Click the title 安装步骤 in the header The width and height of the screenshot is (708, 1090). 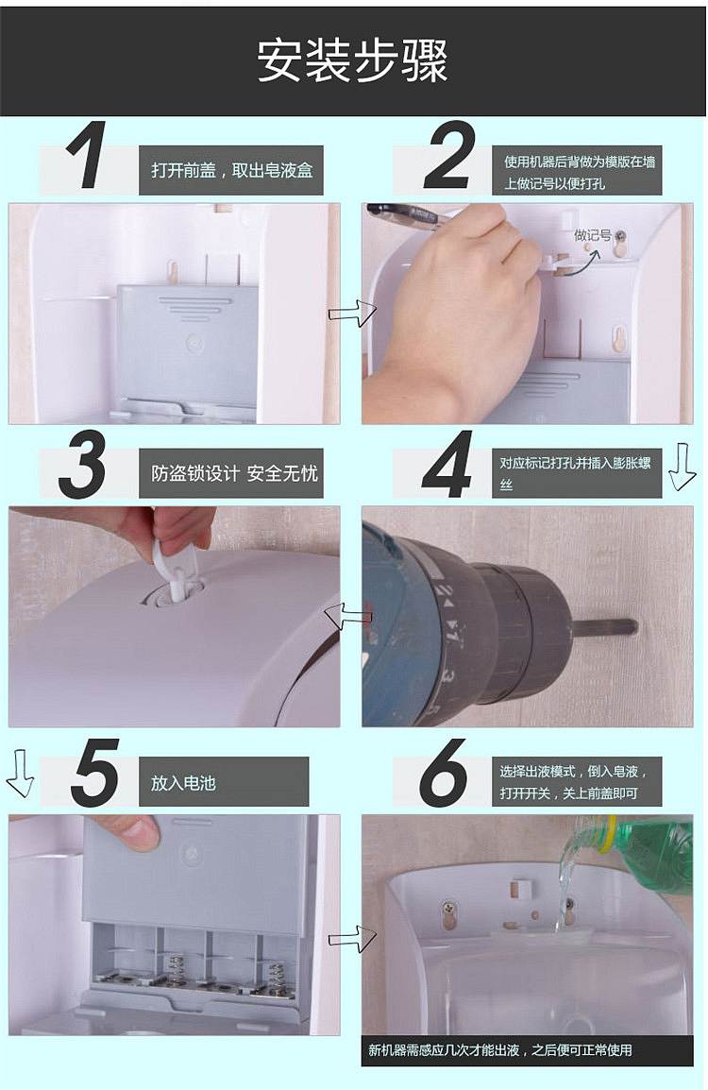coord(353,60)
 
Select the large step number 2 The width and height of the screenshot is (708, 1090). coord(449,155)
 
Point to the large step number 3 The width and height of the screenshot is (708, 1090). coord(83,464)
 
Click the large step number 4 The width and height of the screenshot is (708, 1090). coord(448,464)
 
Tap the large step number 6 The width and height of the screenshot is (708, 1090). coord(444,773)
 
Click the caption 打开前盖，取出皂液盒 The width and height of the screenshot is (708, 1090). coord(232,170)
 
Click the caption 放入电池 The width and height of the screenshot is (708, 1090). coord(183,783)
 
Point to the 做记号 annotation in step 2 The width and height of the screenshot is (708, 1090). coord(592,235)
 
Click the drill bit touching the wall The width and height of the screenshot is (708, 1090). coord(604,625)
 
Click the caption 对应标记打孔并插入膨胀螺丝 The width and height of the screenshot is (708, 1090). coord(575,472)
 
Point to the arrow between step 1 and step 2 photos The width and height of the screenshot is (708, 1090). coord(351,315)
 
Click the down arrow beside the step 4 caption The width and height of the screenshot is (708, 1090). coord(682,467)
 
